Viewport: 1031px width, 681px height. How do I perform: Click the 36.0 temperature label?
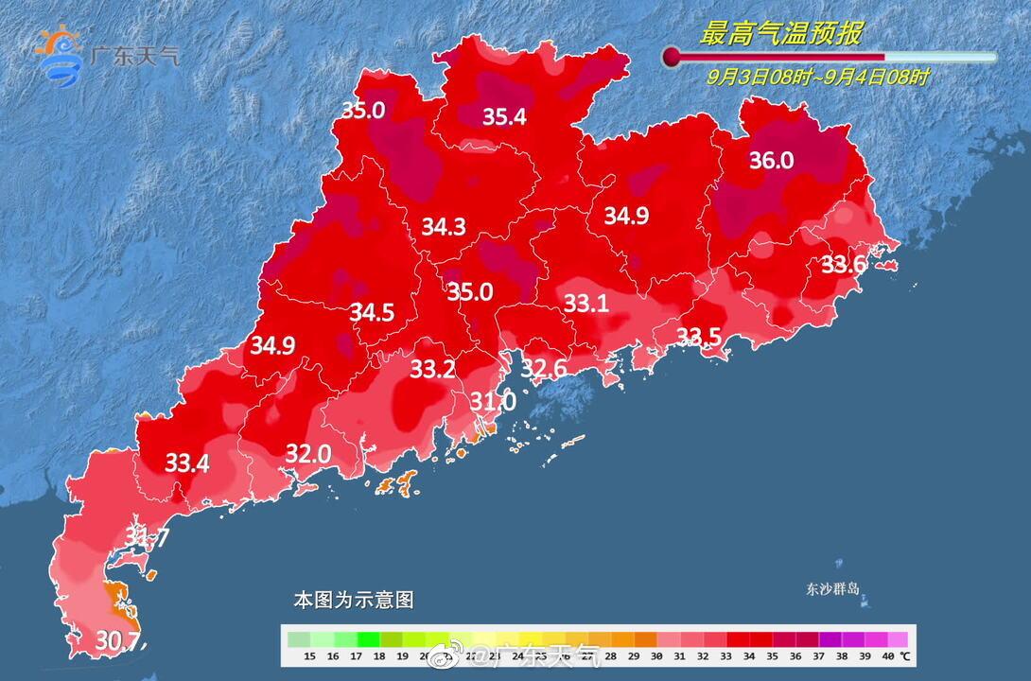point(771,161)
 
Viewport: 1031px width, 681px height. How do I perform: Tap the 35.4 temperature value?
point(504,117)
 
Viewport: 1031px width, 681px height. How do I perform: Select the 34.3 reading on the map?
point(444,227)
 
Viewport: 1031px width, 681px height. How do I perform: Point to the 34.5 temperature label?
point(372,312)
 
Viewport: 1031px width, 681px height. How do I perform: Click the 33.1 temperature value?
point(585,304)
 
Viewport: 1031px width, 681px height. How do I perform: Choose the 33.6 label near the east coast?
point(842,265)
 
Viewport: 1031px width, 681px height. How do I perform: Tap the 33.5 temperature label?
point(699,337)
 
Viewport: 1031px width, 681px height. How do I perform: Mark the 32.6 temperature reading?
point(544,368)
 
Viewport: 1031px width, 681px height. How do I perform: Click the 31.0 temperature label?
point(493,401)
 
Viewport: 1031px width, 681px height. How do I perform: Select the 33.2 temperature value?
point(432,370)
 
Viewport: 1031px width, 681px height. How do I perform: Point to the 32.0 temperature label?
point(307,454)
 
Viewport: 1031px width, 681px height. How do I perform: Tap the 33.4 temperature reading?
point(187,463)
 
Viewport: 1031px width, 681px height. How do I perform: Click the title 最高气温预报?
point(780,34)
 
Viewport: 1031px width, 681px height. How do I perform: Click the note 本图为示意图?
point(353,600)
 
